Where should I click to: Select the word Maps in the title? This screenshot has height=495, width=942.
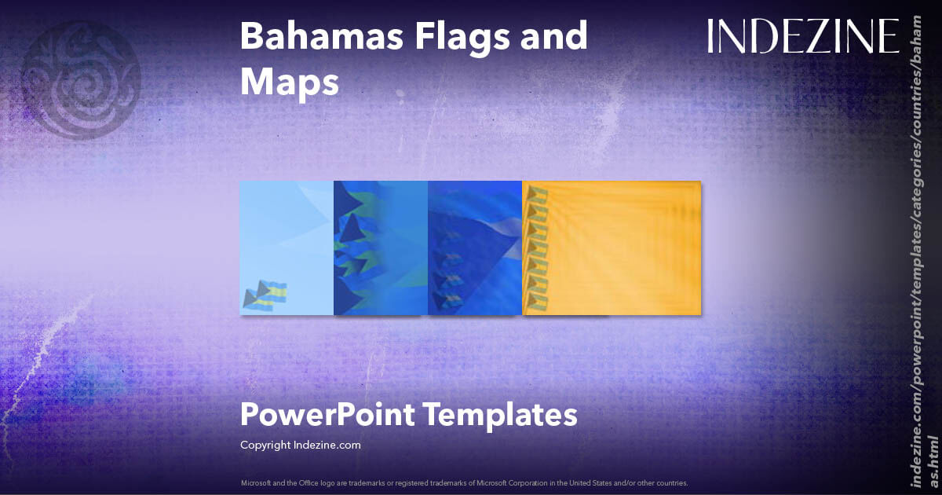(289, 82)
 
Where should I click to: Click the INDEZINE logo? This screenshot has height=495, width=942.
(803, 36)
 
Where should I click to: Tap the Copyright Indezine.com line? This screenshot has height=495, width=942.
(300, 445)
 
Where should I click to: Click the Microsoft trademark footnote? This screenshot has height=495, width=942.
(464, 482)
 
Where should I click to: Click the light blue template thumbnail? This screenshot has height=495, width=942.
(287, 247)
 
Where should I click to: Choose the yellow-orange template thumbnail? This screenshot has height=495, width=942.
(612, 247)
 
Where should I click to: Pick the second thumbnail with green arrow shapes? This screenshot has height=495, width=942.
(381, 247)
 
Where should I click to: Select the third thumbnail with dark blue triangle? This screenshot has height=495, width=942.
(475, 247)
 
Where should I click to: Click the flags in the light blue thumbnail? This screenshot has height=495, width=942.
(265, 295)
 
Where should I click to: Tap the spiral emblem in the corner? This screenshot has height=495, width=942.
(80, 79)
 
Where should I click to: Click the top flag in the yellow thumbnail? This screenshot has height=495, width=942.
(537, 195)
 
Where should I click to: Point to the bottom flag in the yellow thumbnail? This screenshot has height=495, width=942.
(537, 299)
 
